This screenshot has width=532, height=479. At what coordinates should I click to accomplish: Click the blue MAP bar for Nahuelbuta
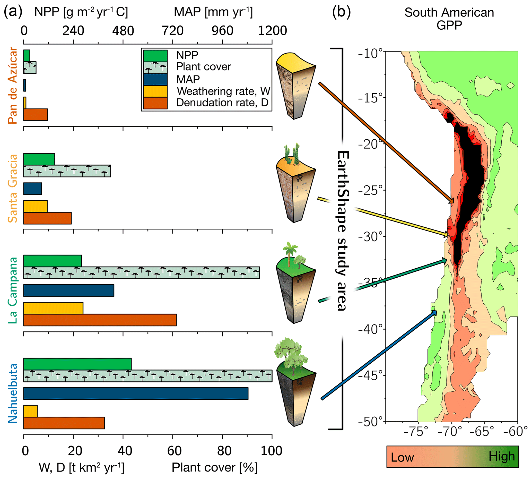tap(136, 394)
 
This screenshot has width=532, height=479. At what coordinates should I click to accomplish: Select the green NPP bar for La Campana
tap(53, 261)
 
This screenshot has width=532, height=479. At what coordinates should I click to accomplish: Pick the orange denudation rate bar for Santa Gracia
tap(47, 218)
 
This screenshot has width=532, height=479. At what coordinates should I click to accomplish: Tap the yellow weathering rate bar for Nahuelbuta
tap(31, 411)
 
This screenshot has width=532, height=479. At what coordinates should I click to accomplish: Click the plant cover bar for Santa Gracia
tap(67, 171)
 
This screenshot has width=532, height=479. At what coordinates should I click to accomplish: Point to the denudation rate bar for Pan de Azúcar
tap(36, 115)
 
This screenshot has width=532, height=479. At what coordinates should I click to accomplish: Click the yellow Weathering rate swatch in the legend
tap(155, 91)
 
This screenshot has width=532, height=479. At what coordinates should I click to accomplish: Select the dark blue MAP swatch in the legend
tap(155, 80)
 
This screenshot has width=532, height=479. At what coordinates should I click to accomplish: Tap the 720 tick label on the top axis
tap(172, 31)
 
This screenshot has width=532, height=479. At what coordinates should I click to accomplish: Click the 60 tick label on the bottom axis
tap(174, 451)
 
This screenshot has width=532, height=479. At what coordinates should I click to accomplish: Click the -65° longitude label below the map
tap(483, 432)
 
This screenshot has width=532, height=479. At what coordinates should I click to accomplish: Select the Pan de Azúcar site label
tap(12, 85)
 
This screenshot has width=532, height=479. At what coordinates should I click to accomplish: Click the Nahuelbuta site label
tap(12, 394)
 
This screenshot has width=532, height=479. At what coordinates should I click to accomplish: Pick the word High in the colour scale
tap(501, 456)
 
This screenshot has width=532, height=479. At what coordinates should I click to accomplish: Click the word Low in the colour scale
tap(402, 457)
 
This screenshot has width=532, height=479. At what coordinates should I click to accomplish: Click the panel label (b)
tap(341, 12)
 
